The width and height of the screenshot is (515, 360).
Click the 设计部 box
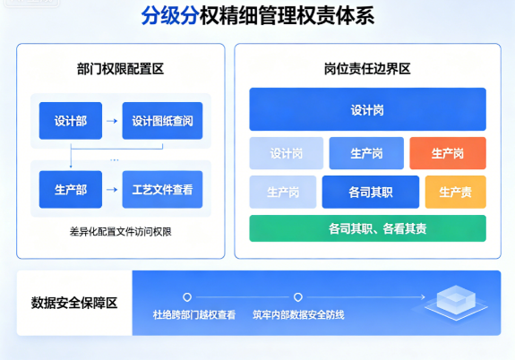click(x=71, y=121)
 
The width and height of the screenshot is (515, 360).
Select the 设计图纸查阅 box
click(x=162, y=121)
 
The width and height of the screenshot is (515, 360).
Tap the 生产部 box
click(x=71, y=190)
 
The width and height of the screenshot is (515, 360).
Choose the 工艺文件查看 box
click(x=162, y=190)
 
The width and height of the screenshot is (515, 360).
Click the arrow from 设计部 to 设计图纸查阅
click(x=112, y=121)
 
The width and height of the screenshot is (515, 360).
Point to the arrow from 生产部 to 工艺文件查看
click(x=112, y=190)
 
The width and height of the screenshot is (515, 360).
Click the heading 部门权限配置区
click(x=120, y=69)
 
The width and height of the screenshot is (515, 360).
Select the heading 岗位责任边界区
click(x=367, y=69)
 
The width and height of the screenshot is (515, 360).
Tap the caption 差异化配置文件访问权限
click(x=120, y=232)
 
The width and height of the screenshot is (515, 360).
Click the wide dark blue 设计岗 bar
click(x=367, y=109)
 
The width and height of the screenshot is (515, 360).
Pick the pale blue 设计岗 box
click(x=286, y=153)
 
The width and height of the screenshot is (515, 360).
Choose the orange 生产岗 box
click(x=448, y=153)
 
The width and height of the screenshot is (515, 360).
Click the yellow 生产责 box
click(x=456, y=192)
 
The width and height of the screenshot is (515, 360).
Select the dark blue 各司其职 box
click(x=371, y=192)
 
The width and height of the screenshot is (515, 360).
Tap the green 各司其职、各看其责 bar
click(x=367, y=228)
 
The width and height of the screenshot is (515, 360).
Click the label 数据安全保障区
click(x=74, y=303)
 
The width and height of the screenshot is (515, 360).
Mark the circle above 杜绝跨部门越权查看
click(x=187, y=297)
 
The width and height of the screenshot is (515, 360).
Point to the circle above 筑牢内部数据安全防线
click(x=298, y=297)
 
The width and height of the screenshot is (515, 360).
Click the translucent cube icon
click(x=456, y=302)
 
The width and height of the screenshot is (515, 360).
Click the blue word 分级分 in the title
click(x=170, y=15)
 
